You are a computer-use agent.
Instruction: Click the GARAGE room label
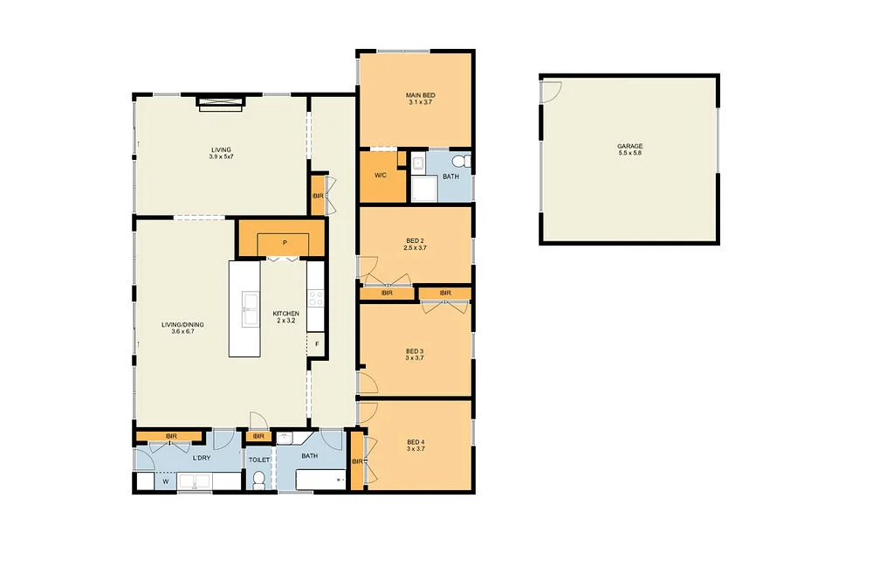pyautogui.click(x=629, y=146)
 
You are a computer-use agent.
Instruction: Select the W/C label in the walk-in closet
pyautogui.click(x=381, y=176)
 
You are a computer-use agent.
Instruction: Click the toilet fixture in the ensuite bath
pyautogui.click(x=464, y=161)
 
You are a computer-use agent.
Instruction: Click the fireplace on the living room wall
pyautogui.click(x=219, y=102)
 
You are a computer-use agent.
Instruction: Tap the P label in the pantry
pyautogui.click(x=285, y=243)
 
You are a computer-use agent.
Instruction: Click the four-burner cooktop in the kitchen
pyautogui.click(x=316, y=299)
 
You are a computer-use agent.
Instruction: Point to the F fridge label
pyautogui.click(x=317, y=344)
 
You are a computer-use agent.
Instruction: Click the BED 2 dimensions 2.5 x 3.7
pyautogui.click(x=416, y=249)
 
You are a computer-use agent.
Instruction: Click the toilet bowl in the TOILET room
pyautogui.click(x=258, y=480)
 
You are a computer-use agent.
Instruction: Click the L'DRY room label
pyautogui.click(x=201, y=459)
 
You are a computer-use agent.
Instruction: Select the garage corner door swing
pyautogui.click(x=550, y=90)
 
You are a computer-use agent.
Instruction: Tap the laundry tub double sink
pyautogui.click(x=197, y=481)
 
